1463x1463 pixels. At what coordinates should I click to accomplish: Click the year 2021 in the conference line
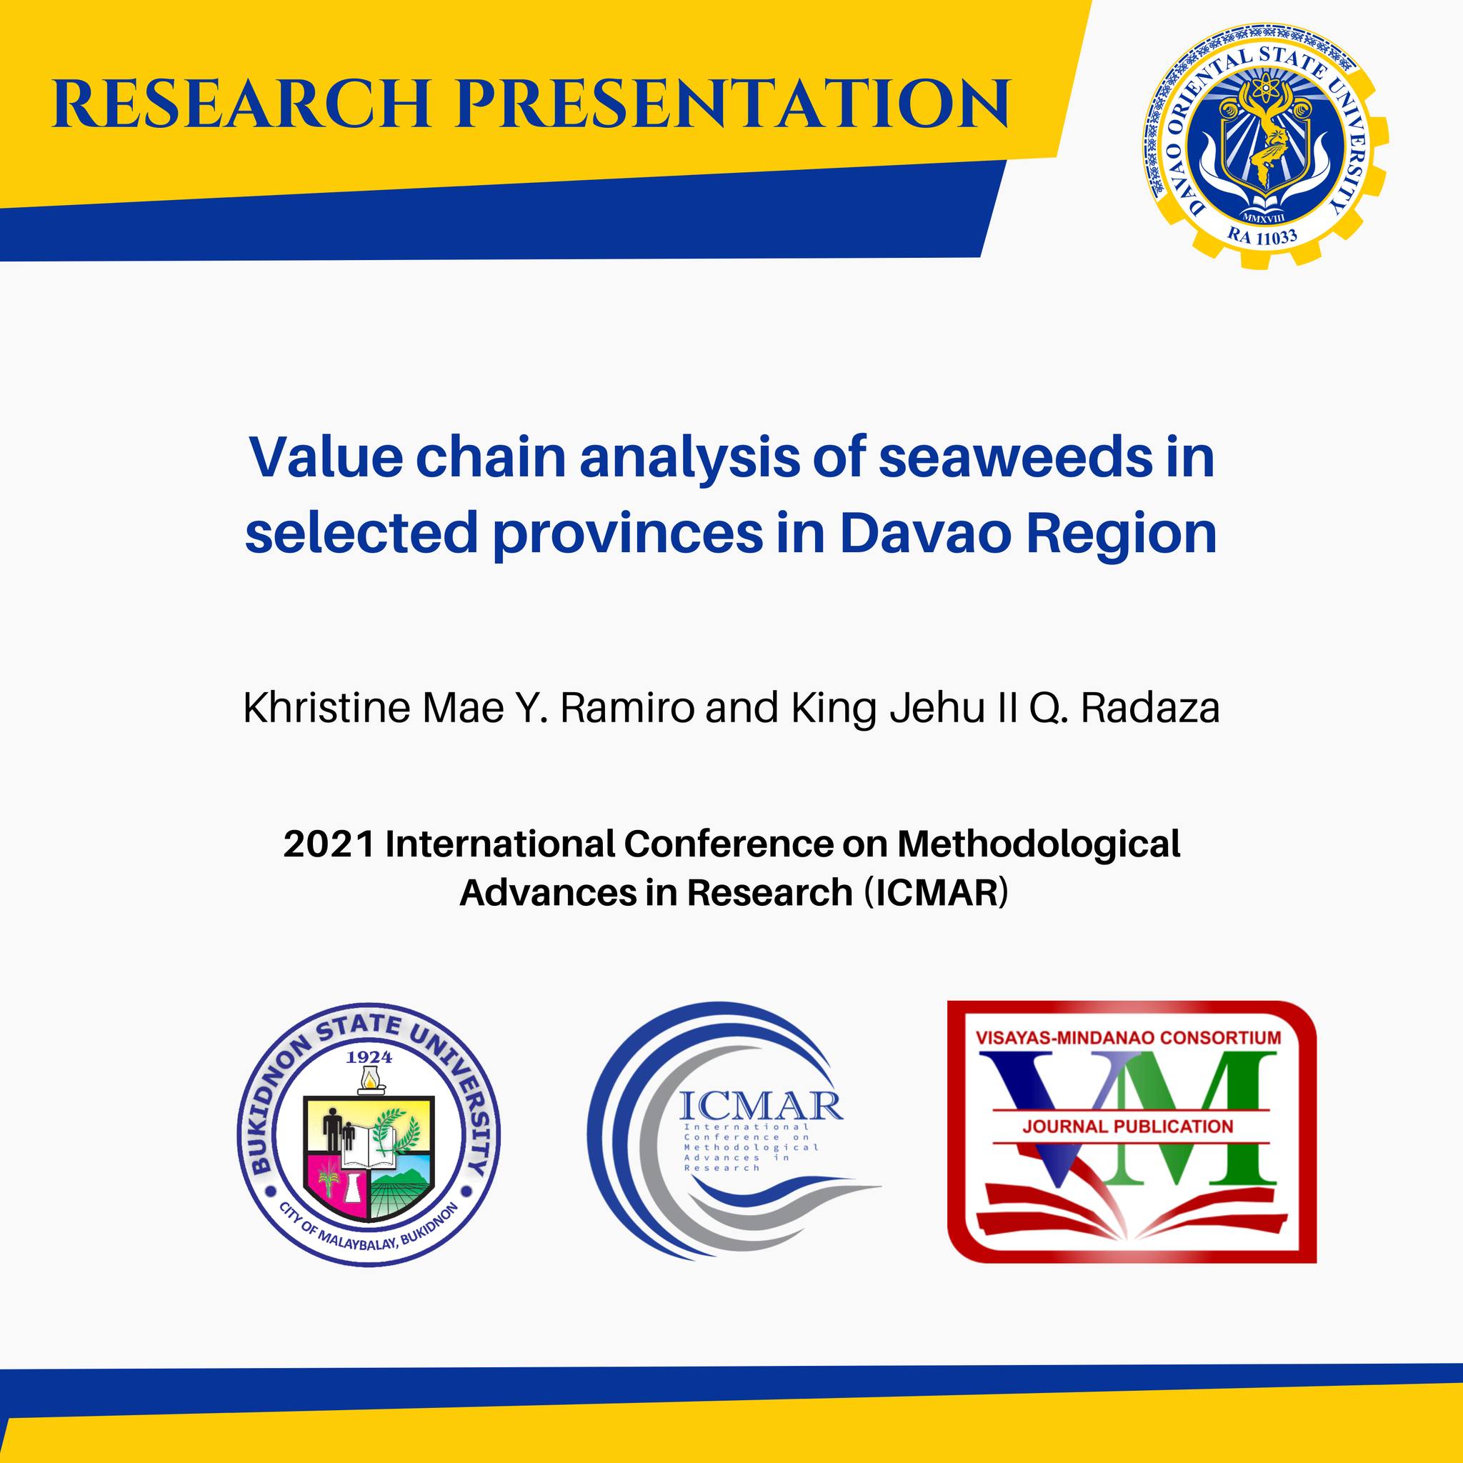pyautogui.click(x=329, y=844)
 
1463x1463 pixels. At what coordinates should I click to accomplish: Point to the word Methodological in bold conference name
pyautogui.click(x=1038, y=844)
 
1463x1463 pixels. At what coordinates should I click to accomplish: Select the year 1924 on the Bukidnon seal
pyautogui.click(x=369, y=1057)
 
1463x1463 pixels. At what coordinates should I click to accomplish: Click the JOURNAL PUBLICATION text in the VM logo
pyautogui.click(x=1127, y=1126)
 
